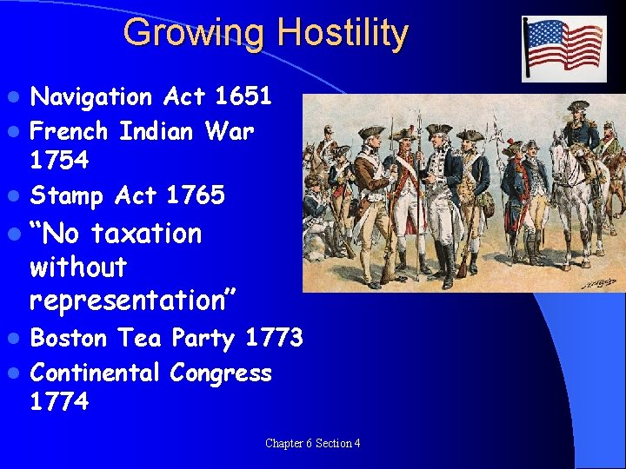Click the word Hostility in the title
pos(342,33)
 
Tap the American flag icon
pos(563,49)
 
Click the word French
pos(69,132)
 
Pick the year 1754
pos(58,161)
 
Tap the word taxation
pos(146,234)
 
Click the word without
pos(78,267)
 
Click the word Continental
pos(95,373)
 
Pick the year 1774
pos(58,402)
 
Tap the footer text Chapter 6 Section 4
pos(312,444)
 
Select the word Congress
pos(221,373)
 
